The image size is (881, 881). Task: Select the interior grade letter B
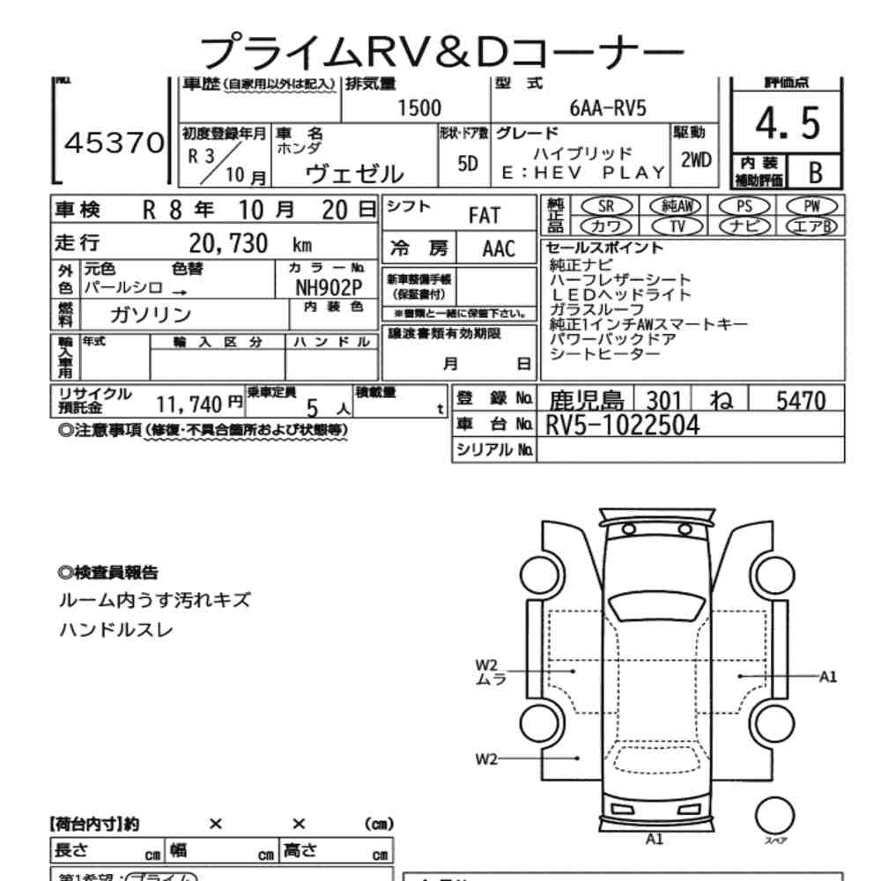pos(815,173)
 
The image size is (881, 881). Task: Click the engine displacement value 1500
pos(419,108)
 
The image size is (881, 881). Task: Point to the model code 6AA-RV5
pos(608,108)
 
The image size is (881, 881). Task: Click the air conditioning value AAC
pos(499,248)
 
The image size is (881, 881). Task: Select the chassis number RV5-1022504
pos(623,426)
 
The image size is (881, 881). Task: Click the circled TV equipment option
pos(677,226)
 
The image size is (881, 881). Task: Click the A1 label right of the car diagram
pos(827,677)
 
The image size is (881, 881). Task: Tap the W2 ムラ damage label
pos(487,671)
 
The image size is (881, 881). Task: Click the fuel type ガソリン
pos(151,315)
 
